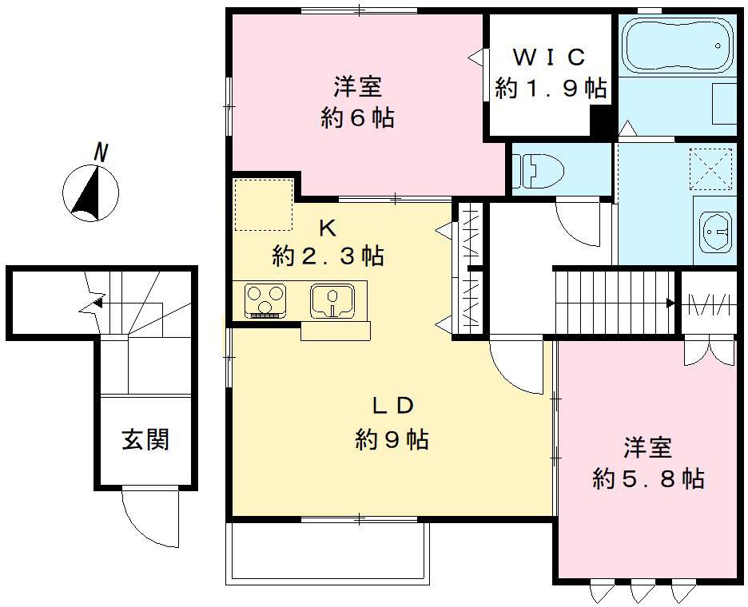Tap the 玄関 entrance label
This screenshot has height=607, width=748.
pos(145,438)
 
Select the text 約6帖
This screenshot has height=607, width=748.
pos(357,118)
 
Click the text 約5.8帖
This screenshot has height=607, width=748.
pos(648,479)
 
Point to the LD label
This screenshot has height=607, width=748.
pos(392,406)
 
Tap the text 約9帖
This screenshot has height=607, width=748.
pos(392,439)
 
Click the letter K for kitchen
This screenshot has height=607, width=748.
pos(328,228)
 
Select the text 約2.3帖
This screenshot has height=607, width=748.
pos(328,256)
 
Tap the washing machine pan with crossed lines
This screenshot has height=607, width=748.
pos(710,168)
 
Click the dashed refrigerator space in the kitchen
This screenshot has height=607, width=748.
pos(263,204)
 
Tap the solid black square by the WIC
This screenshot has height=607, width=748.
pos(601,121)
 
